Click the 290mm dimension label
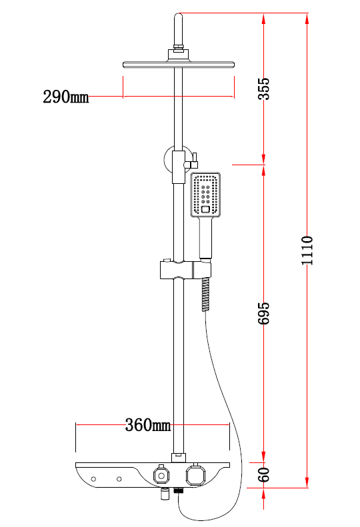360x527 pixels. [66, 97]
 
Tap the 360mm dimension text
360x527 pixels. [148, 425]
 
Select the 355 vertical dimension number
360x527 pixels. [264, 89]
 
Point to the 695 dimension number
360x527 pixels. [264, 313]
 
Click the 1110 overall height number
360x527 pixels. [307, 251]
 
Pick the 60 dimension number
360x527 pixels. [264, 474]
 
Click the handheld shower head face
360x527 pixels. [205, 195]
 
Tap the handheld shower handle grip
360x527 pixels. [205, 238]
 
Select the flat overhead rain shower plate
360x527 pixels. [178, 65]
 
